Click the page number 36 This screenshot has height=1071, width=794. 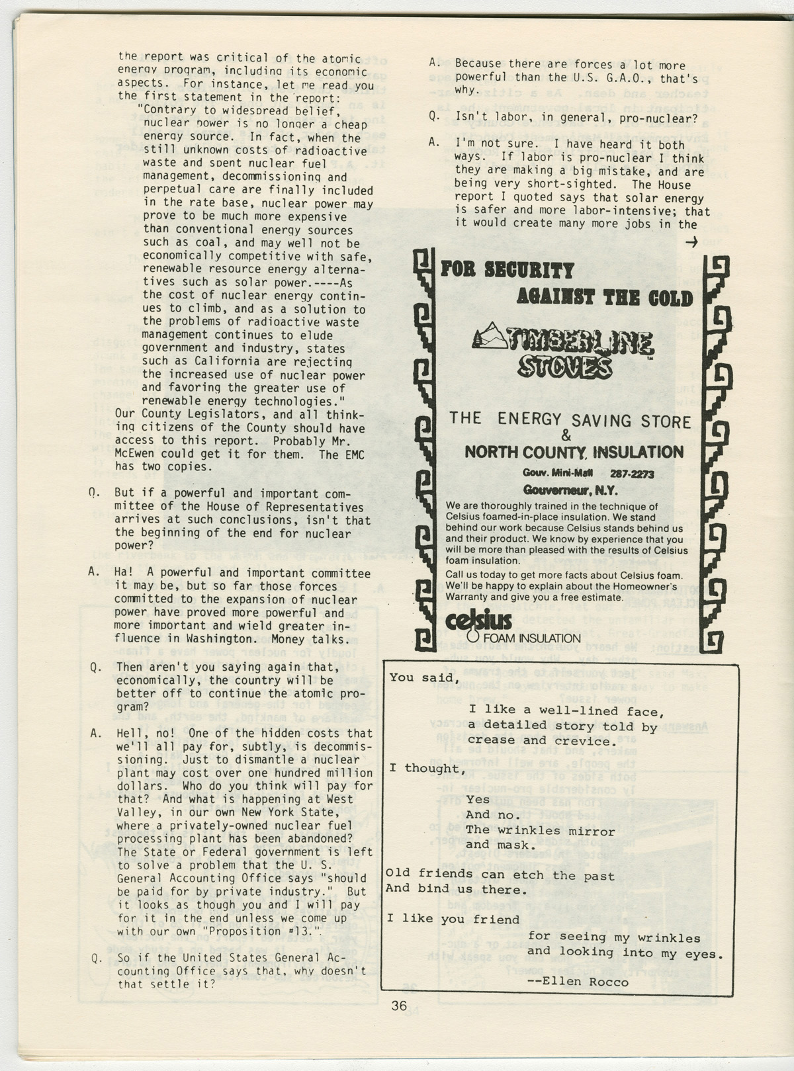398,1006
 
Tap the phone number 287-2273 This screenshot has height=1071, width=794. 631,474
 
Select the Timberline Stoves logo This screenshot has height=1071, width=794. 564,349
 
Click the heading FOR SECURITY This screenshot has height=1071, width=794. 507,270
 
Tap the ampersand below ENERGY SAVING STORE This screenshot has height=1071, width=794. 566,436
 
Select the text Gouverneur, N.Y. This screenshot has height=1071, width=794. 570,491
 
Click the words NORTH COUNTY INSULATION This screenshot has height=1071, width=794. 574,452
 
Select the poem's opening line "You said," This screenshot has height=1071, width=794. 423,677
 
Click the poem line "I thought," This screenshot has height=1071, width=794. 424,768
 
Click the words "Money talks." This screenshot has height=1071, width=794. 314,638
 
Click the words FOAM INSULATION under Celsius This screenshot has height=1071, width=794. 532,638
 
